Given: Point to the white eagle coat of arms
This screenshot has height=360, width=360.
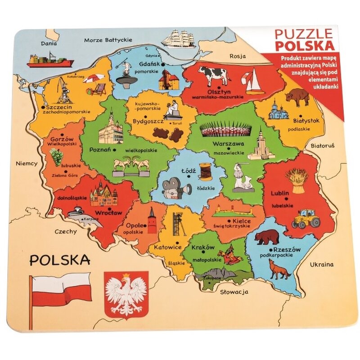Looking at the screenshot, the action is point(126,294).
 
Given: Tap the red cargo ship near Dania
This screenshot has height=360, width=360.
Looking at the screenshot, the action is point(49,61).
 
